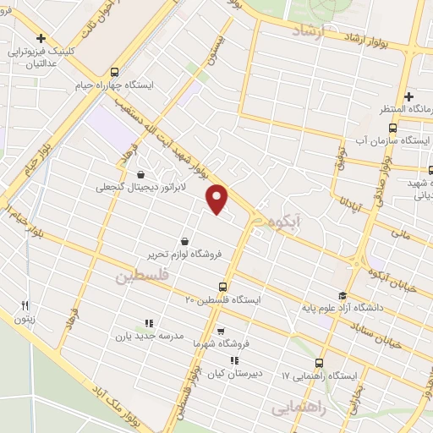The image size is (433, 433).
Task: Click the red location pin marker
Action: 218,199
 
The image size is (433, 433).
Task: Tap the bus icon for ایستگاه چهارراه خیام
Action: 114,72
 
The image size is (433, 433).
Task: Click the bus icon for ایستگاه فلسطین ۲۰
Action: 222,286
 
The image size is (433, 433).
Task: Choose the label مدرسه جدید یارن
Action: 149,336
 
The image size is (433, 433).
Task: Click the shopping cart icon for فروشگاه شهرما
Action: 221,331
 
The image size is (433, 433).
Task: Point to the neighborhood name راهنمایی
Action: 300,408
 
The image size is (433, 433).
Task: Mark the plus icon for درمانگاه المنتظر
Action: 408,96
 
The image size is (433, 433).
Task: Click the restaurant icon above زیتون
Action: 25,306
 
